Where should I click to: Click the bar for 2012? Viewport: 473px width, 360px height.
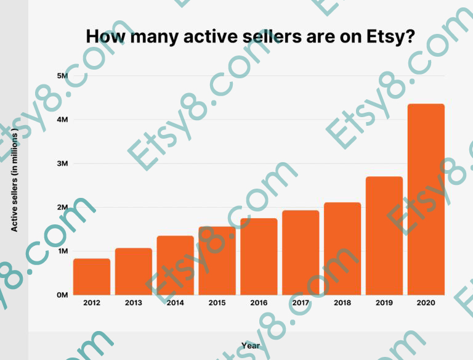click(92, 277)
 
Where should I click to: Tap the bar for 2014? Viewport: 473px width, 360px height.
click(176, 265)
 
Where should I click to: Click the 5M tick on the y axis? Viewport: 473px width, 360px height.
click(62, 76)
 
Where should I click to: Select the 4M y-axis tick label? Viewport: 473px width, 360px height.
click(62, 120)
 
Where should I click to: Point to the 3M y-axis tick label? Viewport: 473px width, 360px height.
click(62, 163)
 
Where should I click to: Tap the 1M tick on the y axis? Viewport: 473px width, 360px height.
click(62, 252)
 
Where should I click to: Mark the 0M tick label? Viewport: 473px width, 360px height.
click(62, 295)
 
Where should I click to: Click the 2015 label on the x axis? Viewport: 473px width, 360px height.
click(217, 303)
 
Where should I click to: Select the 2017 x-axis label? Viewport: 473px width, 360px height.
click(301, 303)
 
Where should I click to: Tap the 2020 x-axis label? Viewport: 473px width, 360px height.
click(426, 303)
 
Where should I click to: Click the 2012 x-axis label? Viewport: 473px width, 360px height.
click(92, 303)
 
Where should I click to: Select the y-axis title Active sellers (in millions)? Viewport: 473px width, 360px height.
click(15, 179)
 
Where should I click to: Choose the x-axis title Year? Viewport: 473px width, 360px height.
click(251, 346)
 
